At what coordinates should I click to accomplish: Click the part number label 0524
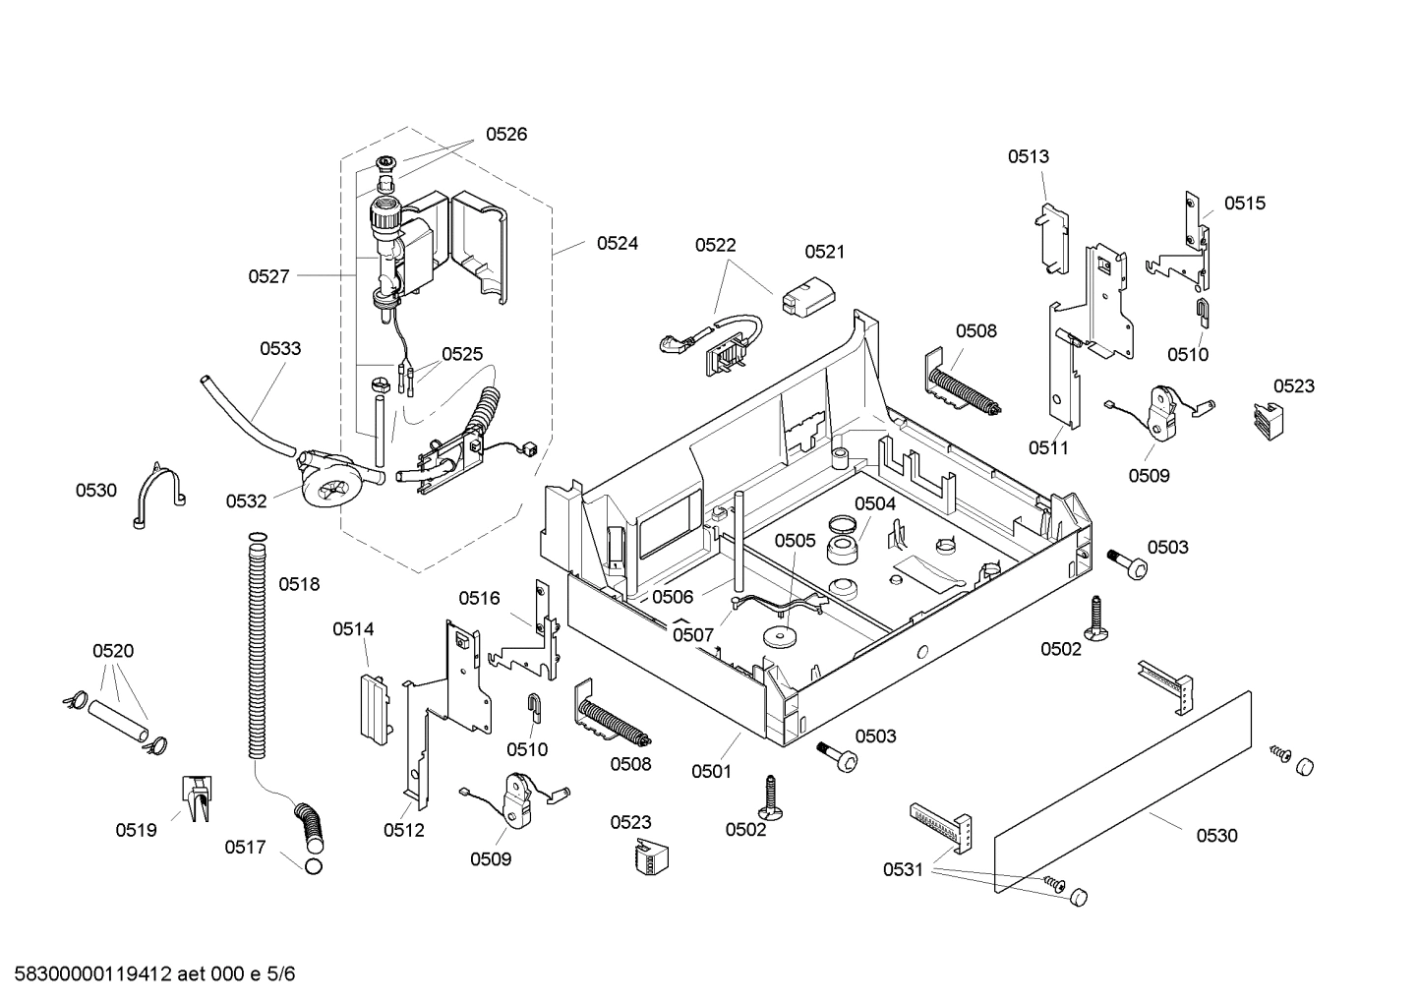[x=617, y=243]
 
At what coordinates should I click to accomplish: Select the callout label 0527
[x=268, y=276]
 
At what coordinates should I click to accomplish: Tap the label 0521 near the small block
[x=824, y=251]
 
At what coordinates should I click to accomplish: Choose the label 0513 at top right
[x=1028, y=155]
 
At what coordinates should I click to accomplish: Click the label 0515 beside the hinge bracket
[x=1244, y=203]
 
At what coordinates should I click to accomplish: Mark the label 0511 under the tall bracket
[x=1048, y=447]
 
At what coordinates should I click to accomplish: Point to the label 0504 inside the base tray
[x=874, y=503]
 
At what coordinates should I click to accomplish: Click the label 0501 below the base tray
[x=710, y=771]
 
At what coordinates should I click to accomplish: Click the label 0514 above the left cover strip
[x=352, y=628]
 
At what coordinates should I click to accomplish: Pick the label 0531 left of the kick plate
[x=903, y=869]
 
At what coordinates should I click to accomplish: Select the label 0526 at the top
[x=505, y=134]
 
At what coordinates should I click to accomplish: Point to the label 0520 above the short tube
[x=113, y=650]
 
